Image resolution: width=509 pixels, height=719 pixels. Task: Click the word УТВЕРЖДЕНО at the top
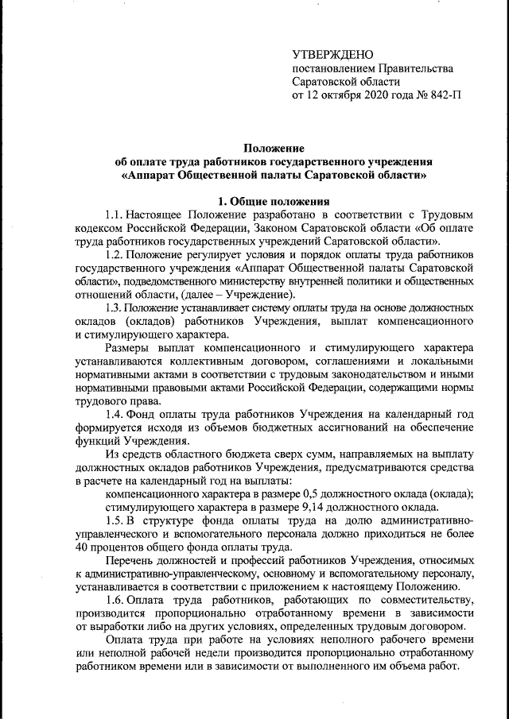(x=332, y=55)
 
